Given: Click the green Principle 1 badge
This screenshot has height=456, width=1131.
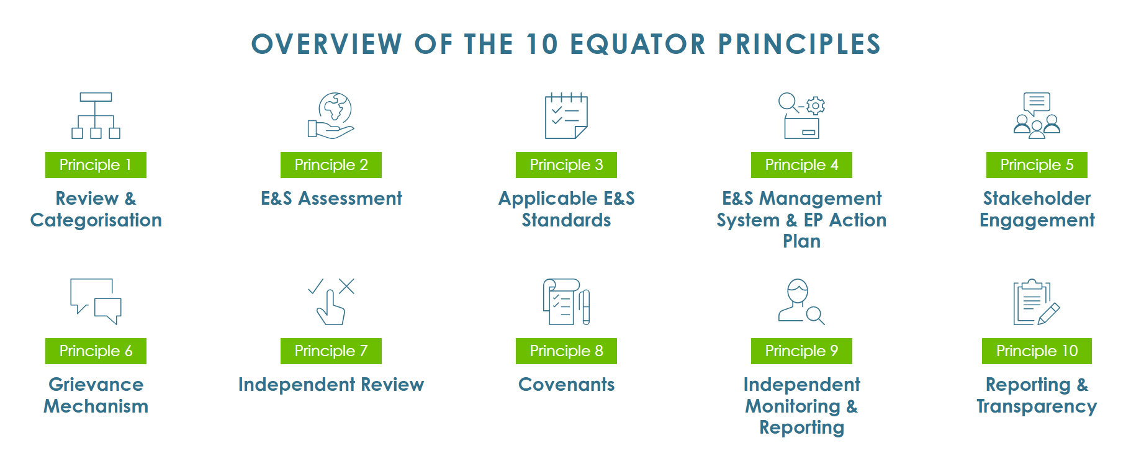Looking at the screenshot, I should click(96, 165).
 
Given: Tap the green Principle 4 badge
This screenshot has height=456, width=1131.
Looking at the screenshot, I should click(801, 165).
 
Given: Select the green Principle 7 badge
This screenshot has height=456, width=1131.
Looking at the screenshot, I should click(331, 351).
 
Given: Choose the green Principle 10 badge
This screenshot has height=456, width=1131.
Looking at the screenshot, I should click(1037, 351).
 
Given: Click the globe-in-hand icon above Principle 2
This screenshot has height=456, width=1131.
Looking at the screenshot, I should click(331, 115).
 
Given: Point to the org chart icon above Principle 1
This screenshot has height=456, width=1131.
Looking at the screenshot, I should click(96, 115).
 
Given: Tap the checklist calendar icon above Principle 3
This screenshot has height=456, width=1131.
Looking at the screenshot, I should click(566, 116).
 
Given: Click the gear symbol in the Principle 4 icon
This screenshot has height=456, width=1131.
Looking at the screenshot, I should click(816, 105).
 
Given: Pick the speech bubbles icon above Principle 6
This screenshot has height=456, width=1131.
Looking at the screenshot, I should click(96, 302).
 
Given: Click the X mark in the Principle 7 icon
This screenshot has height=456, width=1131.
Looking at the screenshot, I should click(346, 286).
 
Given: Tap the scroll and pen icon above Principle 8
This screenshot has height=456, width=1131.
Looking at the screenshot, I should click(566, 302).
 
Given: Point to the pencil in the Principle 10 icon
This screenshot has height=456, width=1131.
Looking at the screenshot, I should click(1048, 314).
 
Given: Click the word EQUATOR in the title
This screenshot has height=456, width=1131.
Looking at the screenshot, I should click(638, 45).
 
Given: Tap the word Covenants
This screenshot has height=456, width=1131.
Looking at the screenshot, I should click(566, 385).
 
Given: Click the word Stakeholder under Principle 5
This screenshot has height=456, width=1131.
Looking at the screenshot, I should click(1037, 199).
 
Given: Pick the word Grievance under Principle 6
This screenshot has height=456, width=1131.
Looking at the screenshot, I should click(96, 385).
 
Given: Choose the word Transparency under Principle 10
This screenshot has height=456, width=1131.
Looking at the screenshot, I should click(1037, 406).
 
